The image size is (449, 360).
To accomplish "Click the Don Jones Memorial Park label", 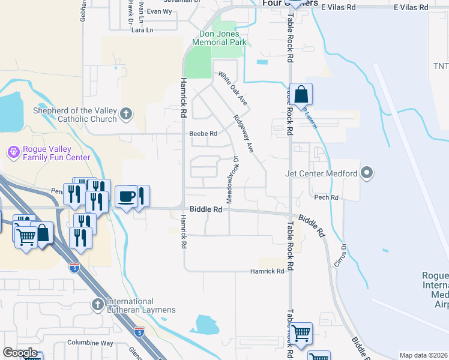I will (x=220, y=38).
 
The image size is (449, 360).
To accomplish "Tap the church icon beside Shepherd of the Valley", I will (x=125, y=113).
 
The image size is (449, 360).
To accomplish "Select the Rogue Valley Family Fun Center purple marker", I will (x=13, y=152).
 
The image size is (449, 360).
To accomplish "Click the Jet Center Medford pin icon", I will (x=367, y=174).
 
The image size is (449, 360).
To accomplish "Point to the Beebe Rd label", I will (x=202, y=134).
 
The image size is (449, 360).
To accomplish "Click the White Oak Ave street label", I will (x=233, y=89).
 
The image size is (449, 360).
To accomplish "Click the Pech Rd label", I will (x=326, y=197).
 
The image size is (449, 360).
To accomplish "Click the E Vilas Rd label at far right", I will (x=411, y=7).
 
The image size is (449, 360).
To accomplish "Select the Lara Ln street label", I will (x=142, y=29).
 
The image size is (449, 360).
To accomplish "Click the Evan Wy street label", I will (x=159, y=11).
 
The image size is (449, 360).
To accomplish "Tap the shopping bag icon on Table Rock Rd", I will (x=301, y=95).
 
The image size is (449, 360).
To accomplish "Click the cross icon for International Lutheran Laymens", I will (x=98, y=305).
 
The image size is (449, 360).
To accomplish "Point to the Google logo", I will (x=20, y=353).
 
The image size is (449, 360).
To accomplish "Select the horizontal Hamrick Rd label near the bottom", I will (x=267, y=271).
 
